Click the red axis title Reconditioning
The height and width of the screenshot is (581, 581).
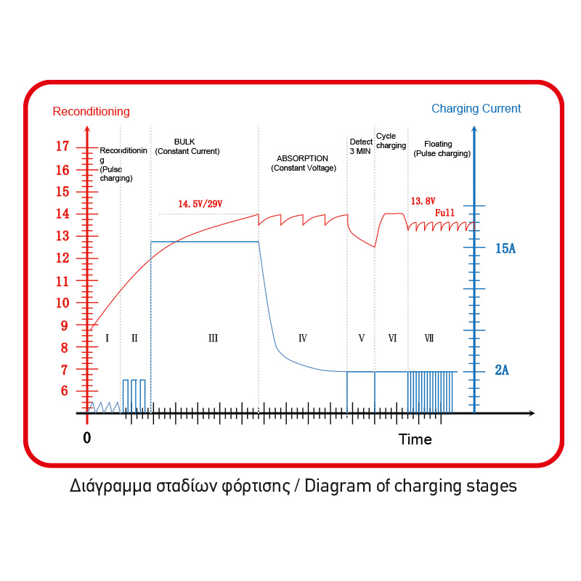(92, 112)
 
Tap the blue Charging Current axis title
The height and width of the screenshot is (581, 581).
(476, 109)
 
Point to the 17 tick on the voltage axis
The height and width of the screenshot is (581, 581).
(63, 147)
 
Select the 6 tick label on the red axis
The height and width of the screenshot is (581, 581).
(64, 391)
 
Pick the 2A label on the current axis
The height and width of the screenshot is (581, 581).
(502, 371)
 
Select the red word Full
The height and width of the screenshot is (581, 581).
(444, 214)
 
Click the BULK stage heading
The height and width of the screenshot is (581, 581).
(184, 142)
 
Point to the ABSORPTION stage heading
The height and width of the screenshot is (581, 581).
(303, 158)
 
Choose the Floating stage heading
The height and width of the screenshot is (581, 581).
(438, 144)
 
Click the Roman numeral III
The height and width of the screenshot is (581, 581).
(213, 338)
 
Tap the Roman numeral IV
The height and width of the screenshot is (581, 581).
(303, 338)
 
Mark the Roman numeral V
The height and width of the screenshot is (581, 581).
(361, 338)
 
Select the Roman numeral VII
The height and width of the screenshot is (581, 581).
(429, 338)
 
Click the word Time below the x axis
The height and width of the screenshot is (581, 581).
(415, 439)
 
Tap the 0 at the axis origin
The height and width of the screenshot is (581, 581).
(87, 438)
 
